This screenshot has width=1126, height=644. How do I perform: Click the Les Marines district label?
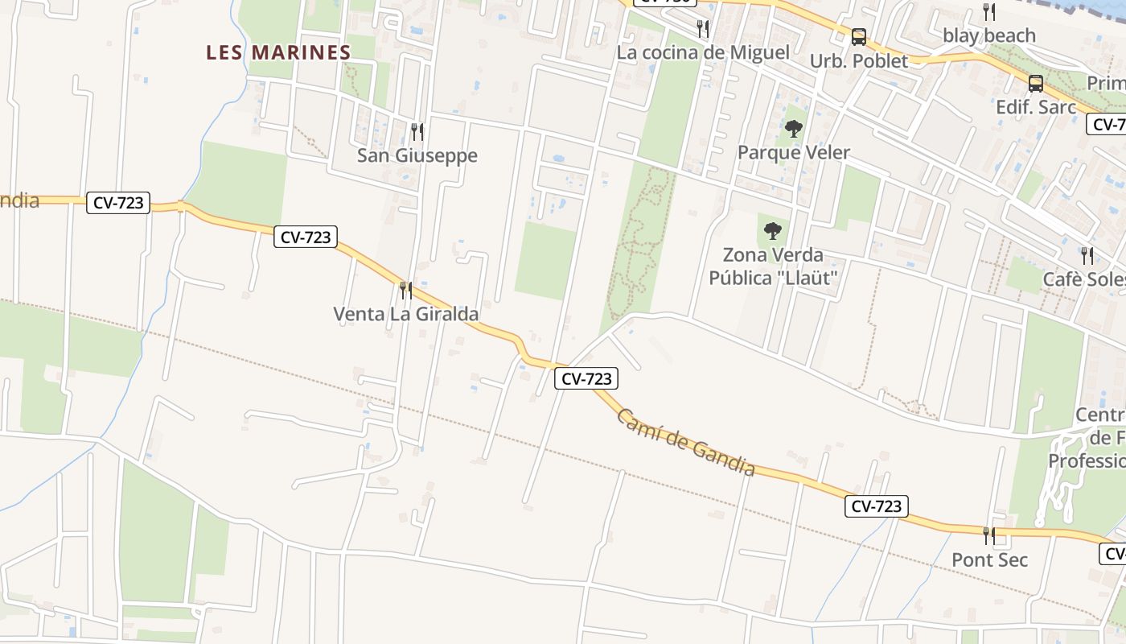[x=278, y=53]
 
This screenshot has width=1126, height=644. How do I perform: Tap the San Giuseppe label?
[x=417, y=155]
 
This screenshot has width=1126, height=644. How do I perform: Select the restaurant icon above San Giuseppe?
[x=417, y=131]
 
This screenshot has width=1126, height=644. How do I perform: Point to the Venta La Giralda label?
[x=405, y=314]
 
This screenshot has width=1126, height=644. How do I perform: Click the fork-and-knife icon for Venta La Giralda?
[x=405, y=290]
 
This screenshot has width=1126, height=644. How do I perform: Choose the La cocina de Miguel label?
[x=702, y=53]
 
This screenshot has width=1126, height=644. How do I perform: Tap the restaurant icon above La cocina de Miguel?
[x=703, y=30]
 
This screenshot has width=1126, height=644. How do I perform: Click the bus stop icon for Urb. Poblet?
[x=858, y=37]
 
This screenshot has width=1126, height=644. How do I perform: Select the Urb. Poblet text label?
[x=858, y=61]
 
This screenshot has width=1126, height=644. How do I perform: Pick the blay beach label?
[x=988, y=35]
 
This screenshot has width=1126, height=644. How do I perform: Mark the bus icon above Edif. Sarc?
[x=1035, y=84]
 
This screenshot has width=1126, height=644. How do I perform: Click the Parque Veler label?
[x=793, y=152]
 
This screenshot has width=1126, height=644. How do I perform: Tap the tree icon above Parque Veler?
[x=793, y=128]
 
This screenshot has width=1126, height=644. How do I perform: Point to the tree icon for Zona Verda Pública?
[x=772, y=232]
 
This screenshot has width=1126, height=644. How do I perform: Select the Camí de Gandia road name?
[x=686, y=442]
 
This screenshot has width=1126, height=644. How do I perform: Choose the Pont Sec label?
[x=989, y=559]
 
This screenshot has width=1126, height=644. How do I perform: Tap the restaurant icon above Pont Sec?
[x=988, y=535]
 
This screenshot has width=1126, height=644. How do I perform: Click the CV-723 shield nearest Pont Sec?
[x=876, y=506]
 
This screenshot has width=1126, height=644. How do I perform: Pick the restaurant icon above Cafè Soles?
[x=1087, y=256]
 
